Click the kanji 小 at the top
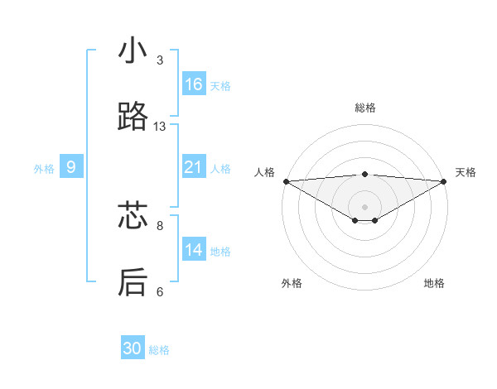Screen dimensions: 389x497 click(x=133, y=51)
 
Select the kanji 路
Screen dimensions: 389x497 click(x=133, y=118)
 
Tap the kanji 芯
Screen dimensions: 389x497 click(x=133, y=217)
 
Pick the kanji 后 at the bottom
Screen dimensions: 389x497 click(x=133, y=283)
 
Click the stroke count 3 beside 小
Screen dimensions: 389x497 click(x=160, y=60)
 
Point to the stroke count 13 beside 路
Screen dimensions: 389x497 click(x=160, y=127)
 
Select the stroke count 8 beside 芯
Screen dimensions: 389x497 click(x=160, y=225)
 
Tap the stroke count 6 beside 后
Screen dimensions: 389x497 click(x=160, y=291)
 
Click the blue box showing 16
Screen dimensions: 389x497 click(x=194, y=84)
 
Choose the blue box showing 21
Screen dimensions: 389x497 click(x=194, y=167)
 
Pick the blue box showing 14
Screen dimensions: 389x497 click(x=194, y=250)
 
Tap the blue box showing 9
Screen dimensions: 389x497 click(x=71, y=167)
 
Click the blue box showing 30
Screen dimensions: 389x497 click(x=133, y=348)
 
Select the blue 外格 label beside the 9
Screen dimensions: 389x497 click(x=44, y=169)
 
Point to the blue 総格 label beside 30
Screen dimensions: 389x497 click(x=159, y=351)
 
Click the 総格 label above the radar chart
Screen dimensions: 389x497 click(x=364, y=108)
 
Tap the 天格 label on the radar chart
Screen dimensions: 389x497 click(x=466, y=172)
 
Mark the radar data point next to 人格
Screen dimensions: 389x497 click(x=286, y=180)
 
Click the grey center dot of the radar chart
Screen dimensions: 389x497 click(x=364, y=206)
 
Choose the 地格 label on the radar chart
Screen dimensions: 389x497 click(x=434, y=283)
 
